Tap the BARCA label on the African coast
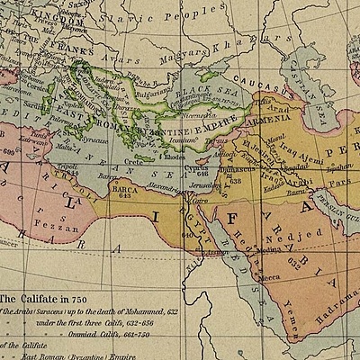point(121,190)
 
